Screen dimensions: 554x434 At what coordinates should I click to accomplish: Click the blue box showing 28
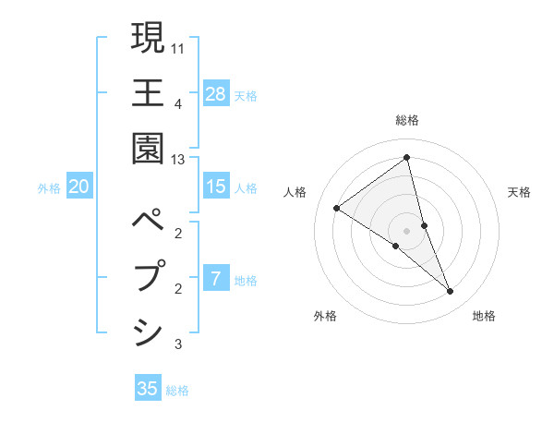coord(216,93)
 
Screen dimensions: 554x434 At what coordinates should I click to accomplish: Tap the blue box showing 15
coord(216,187)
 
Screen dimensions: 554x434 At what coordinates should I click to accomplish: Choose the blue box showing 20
coord(79,187)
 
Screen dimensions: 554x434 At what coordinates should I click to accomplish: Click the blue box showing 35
coord(148,389)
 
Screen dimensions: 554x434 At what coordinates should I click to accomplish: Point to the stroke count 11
coord(178,48)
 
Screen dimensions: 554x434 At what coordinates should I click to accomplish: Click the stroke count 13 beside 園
coord(178,160)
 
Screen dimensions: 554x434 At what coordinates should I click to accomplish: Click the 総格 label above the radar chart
coord(407,120)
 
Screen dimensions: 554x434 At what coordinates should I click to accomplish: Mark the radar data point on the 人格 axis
coord(337,208)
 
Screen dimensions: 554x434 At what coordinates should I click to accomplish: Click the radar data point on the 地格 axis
coord(451,292)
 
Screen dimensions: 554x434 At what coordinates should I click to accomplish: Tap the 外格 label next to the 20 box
coord(49,187)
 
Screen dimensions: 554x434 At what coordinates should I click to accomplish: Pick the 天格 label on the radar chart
coord(520,192)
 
